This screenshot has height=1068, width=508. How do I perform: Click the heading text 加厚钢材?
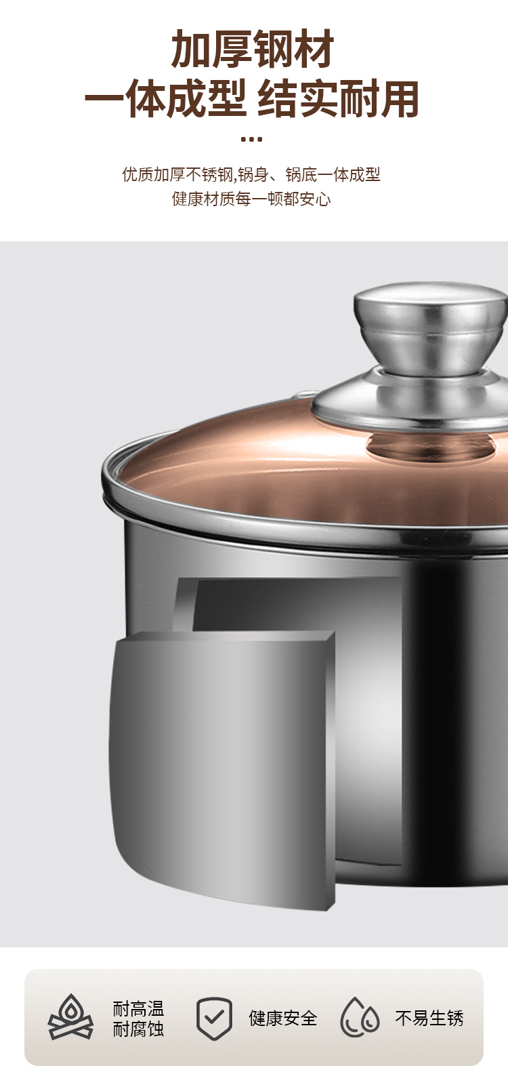[x=253, y=49]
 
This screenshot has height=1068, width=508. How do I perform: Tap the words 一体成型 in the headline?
[x=166, y=99]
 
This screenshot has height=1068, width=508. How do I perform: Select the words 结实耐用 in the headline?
[x=339, y=99]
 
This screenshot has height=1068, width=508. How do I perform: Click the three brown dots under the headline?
[x=252, y=139]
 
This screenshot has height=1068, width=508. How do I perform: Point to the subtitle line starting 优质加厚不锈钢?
[x=251, y=174]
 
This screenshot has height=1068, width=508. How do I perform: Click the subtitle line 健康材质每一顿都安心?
[x=251, y=199]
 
